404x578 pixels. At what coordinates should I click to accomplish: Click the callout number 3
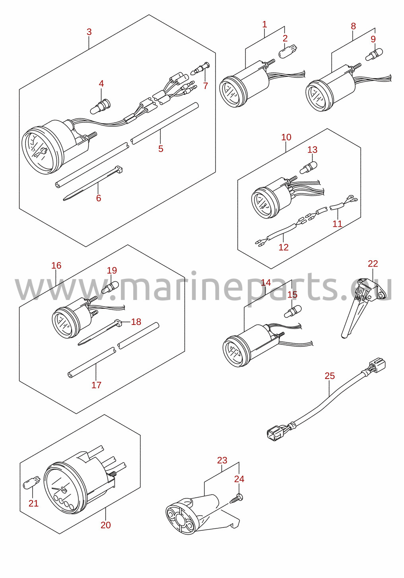[x=89, y=32]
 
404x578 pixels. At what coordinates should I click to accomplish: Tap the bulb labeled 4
[x=100, y=106]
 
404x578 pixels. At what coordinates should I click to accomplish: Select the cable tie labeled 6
[x=93, y=183]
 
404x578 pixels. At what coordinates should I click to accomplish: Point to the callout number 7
[x=206, y=86]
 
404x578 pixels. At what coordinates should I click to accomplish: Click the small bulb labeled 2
[x=288, y=50]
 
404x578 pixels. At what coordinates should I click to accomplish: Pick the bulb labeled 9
[x=374, y=54]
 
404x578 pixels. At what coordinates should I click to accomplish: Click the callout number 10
[x=286, y=137]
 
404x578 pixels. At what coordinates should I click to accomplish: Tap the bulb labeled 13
[x=308, y=167]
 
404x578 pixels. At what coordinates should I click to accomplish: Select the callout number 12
[x=284, y=247]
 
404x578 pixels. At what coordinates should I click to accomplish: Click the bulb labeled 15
[x=293, y=311]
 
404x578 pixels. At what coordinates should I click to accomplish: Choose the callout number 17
[x=96, y=385]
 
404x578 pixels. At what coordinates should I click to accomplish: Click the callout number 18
[x=136, y=322]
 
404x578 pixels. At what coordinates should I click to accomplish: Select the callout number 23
[x=222, y=460]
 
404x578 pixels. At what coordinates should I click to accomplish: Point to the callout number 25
[x=330, y=376]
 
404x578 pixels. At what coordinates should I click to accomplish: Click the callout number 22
[x=373, y=263]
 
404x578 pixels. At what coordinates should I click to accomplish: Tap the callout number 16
[x=56, y=265]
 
